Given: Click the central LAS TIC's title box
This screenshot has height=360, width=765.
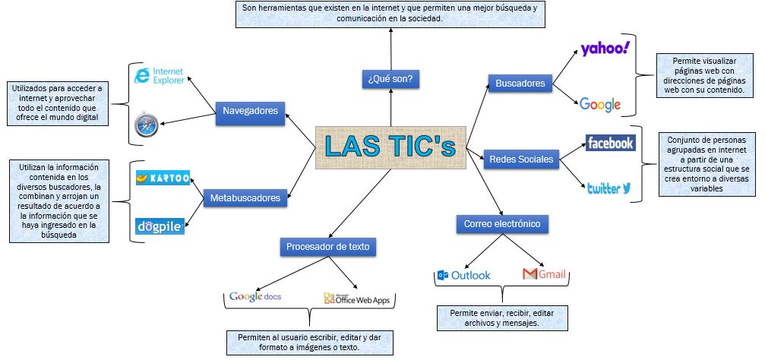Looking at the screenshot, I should click(390, 148).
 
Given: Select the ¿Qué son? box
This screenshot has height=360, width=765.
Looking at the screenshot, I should click(390, 78).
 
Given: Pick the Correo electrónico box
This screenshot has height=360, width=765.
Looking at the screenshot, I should click(502, 224).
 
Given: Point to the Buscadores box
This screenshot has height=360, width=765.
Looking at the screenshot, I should click(520, 83).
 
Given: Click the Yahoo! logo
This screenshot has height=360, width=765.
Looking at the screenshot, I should click(605, 49).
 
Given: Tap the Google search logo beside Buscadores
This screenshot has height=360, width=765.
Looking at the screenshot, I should click(600, 105).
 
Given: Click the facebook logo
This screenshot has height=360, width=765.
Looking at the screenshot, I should click(610, 143).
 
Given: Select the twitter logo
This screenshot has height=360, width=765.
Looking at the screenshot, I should click(609, 188).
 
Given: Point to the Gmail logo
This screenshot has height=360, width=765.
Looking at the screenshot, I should click(545, 274).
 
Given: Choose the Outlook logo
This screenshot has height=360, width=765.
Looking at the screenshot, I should click(464, 275).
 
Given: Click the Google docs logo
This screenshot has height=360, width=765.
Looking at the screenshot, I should click(255, 296).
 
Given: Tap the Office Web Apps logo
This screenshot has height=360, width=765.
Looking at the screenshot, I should click(356, 299).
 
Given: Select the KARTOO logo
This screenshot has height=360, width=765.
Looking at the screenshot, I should click(163, 178).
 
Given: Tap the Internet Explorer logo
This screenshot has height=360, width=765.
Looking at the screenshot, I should click(160, 76).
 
